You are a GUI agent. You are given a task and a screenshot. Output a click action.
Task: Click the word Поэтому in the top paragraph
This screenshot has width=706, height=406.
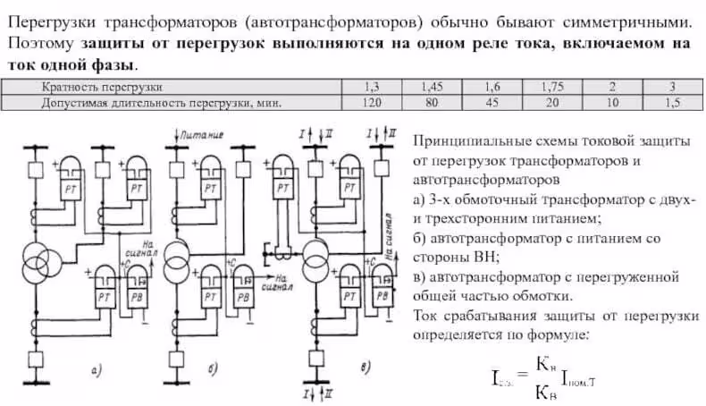coord(39,42)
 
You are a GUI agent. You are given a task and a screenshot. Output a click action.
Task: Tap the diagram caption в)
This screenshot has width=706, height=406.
coord(362,368)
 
